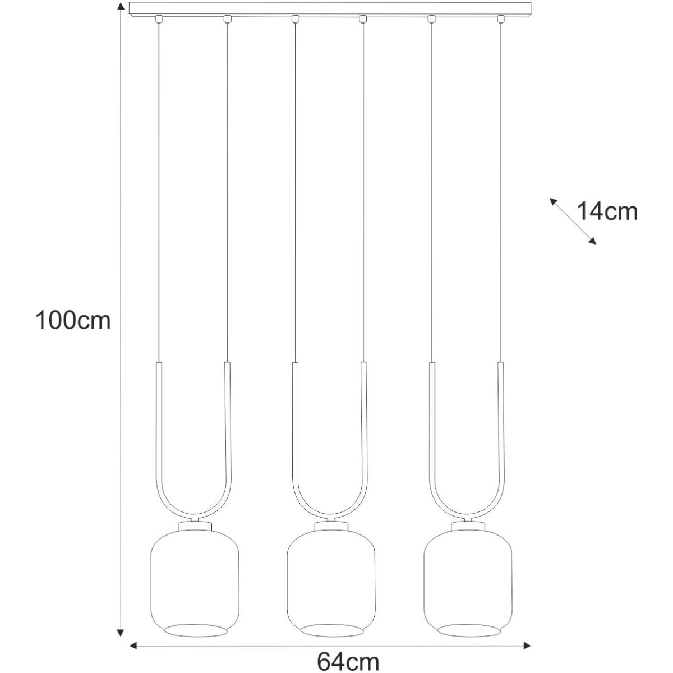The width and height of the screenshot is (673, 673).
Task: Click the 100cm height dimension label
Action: point(73,320)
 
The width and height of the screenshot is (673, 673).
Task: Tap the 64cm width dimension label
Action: point(348,661)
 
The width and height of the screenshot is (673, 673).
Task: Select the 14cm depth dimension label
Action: point(607,211)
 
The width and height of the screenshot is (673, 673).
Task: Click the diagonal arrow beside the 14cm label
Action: point(573,221)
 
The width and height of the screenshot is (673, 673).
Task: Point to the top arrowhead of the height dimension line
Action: point(121,6)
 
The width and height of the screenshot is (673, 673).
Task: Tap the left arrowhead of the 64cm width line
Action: point(133,646)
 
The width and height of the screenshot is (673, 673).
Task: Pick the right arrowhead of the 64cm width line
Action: point(527,646)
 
